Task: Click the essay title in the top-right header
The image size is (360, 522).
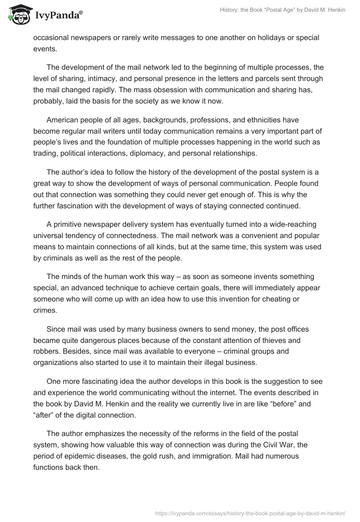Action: coord(279,10)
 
